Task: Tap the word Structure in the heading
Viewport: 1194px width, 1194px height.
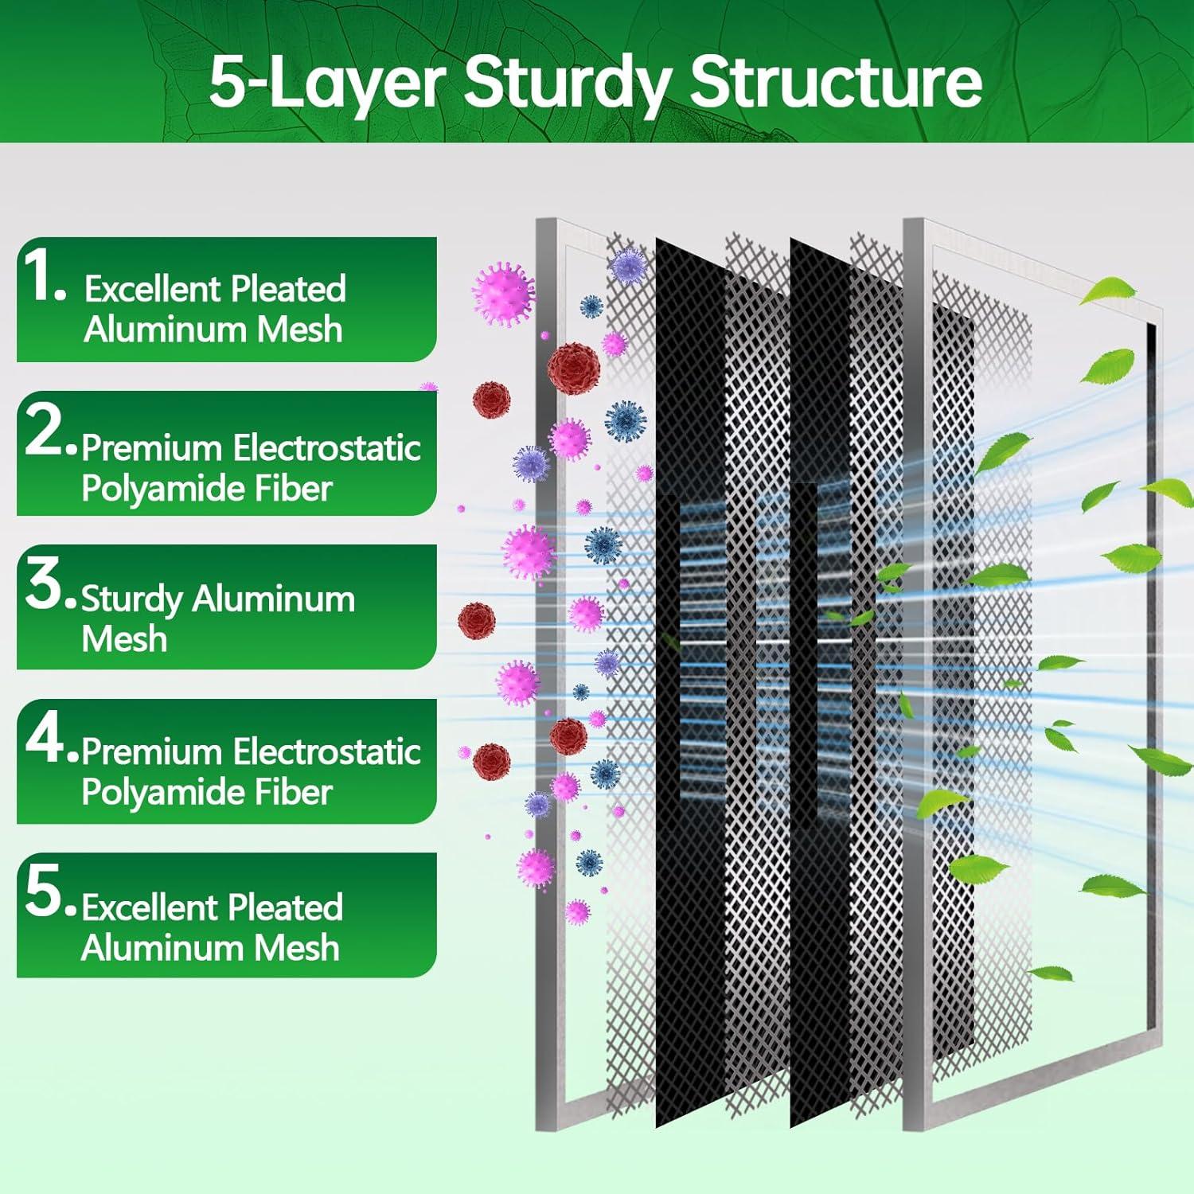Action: (x=836, y=81)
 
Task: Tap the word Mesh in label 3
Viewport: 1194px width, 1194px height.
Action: (x=124, y=639)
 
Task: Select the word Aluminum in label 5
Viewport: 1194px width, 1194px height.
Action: (x=162, y=948)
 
